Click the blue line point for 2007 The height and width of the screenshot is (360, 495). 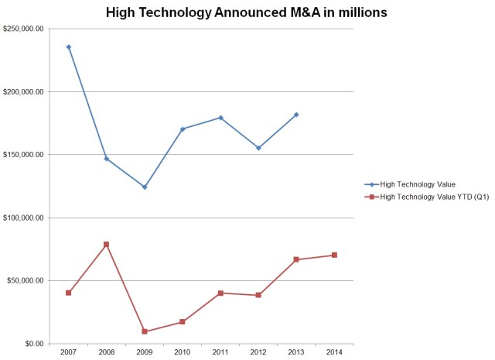tap(69, 46)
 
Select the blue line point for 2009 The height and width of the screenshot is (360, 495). tap(145, 187)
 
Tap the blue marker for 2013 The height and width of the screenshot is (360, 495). tap(296, 115)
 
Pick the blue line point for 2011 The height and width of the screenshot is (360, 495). tap(220, 118)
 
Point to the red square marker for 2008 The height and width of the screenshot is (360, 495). tap(107, 245)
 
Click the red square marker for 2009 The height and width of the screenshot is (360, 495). tap(145, 331)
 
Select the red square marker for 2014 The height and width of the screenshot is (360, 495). tap(334, 255)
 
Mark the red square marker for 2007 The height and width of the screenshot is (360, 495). tap(69, 293)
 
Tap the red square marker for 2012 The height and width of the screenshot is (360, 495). tap(258, 295)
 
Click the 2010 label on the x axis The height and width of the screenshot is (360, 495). tap(183, 352)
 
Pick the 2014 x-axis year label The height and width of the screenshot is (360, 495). tap(334, 352)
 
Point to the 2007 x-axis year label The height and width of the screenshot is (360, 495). tap(69, 352)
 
